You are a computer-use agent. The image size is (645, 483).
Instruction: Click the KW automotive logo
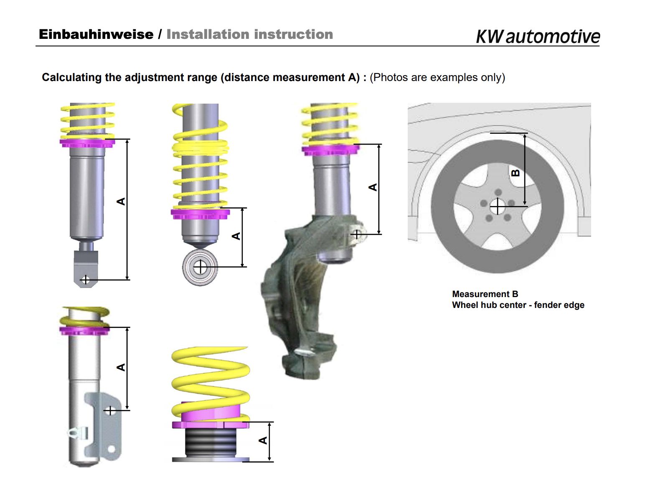[538, 36]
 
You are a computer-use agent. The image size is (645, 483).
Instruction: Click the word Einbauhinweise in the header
[96, 34]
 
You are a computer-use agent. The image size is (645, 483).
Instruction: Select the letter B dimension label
[516, 173]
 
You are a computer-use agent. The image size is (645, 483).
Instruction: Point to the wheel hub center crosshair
[498, 206]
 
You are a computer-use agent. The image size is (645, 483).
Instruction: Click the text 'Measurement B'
[485, 294]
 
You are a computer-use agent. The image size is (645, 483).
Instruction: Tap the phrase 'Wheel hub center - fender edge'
[518, 305]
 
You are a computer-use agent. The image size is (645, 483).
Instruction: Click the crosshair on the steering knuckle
[356, 234]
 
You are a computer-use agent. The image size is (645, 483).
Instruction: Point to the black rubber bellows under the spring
[211, 443]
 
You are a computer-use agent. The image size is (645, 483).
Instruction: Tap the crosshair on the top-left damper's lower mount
[86, 280]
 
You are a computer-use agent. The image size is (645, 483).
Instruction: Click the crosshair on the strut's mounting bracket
[110, 410]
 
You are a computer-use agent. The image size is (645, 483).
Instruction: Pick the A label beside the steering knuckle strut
[373, 187]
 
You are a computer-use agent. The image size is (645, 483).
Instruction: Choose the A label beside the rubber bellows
[263, 440]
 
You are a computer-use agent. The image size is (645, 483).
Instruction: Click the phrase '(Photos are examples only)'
[437, 78]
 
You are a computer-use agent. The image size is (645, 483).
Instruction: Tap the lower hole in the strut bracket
[111, 449]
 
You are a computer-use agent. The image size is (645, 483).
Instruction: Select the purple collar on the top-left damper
[87, 143]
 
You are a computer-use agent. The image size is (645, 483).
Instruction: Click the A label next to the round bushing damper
[236, 236]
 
